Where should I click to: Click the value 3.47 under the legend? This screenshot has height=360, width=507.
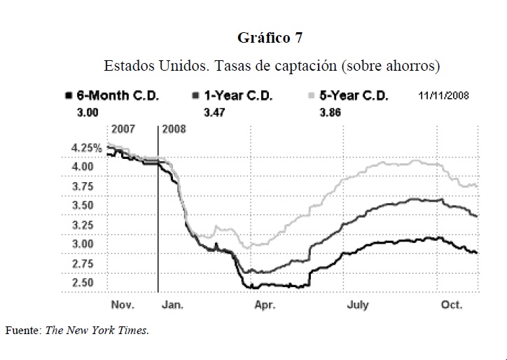pos(214,111)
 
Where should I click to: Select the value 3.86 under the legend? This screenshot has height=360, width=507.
pos(330,111)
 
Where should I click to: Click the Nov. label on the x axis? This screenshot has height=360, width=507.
pos(123,305)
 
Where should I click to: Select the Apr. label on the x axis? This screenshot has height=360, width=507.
pos(264,305)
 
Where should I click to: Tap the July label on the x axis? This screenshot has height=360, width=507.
pos(357,305)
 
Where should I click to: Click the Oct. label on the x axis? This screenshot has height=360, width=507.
pos(451,305)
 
